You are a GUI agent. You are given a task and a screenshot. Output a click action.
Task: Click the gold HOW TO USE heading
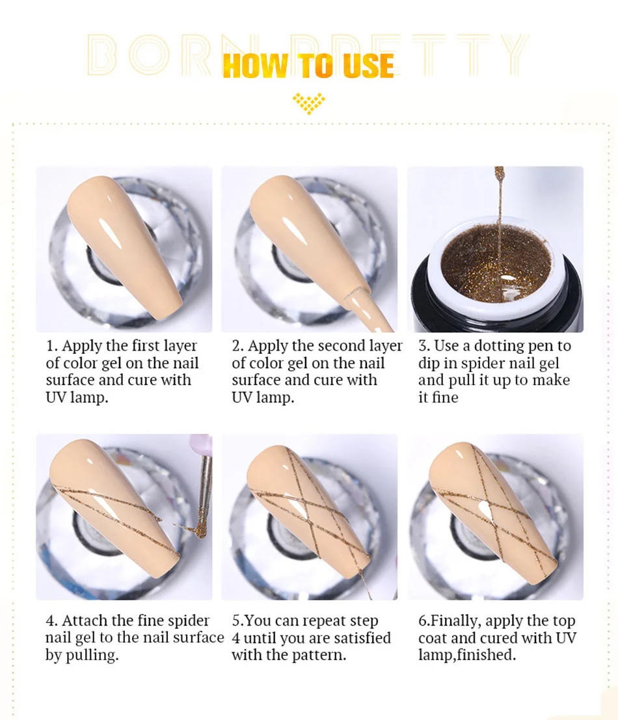(308, 66)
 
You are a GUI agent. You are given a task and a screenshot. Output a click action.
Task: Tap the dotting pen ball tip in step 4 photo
(200, 532)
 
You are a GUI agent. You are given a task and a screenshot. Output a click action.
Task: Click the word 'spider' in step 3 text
(484, 363)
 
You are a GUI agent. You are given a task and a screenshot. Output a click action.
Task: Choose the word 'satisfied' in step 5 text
(360, 638)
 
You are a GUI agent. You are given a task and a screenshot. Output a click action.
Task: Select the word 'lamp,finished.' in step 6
(467, 655)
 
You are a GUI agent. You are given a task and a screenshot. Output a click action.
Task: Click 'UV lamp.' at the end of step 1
(77, 397)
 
